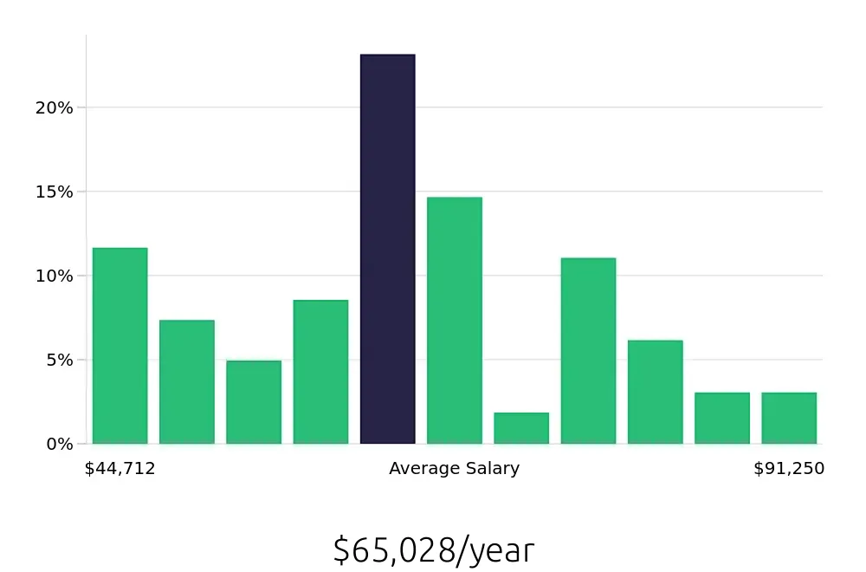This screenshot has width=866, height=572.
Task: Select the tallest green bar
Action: pyautogui.click(x=454, y=321)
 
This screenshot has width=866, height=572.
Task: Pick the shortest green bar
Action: pyautogui.click(x=521, y=428)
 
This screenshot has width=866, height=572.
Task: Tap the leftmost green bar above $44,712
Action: pyautogui.click(x=120, y=346)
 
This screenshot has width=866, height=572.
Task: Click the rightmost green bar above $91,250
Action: pyautogui.click(x=789, y=419)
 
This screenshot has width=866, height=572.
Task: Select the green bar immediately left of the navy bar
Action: pyautogui.click(x=320, y=372)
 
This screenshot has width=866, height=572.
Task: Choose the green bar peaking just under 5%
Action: pyautogui.click(x=254, y=402)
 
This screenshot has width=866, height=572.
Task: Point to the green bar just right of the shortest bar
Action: pyautogui.click(x=588, y=351)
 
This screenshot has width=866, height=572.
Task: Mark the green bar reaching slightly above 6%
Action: pyautogui.click(x=655, y=392)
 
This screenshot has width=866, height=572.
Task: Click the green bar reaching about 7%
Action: pyautogui.click(x=186, y=382)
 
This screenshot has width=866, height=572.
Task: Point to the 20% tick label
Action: pyautogui.click(x=54, y=108)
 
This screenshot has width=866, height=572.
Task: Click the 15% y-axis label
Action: pyautogui.click(x=54, y=192)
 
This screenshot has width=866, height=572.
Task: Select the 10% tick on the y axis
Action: pyautogui.click(x=54, y=276)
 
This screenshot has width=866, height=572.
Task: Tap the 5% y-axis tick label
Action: pyautogui.click(x=59, y=360)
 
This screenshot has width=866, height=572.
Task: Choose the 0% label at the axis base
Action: pyautogui.click(x=59, y=444)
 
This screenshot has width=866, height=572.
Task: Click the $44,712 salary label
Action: pyautogui.click(x=120, y=469)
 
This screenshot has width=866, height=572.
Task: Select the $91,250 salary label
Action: pyautogui.click(x=789, y=469)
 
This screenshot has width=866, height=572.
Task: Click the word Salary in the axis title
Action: pyautogui.click(x=492, y=469)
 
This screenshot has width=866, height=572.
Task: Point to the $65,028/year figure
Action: pyautogui.click(x=433, y=551)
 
